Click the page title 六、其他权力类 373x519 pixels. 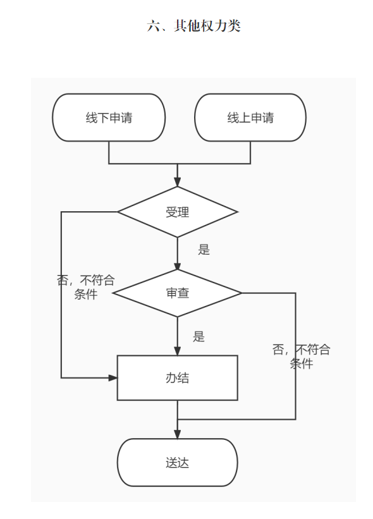pyautogui.click(x=193, y=25)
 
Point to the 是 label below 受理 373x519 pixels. pyautogui.click(x=204, y=250)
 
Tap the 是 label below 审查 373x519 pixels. pyautogui.click(x=199, y=336)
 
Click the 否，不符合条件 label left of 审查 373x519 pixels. pyautogui.click(x=86, y=287)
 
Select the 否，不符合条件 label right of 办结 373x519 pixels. pyautogui.click(x=301, y=357)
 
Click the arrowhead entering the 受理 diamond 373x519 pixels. pyautogui.click(x=178, y=181)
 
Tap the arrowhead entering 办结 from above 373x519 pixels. pyautogui.click(x=178, y=351)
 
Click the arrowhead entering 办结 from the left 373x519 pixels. pyautogui.click(x=113, y=377)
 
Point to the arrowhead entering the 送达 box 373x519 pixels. pyautogui.click(x=178, y=434)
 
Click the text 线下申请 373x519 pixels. pyautogui.click(x=109, y=118)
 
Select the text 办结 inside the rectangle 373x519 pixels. pyautogui.click(x=178, y=377)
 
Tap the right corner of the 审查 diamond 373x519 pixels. pyautogui.click(x=242, y=293)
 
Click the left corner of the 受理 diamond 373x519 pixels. pyautogui.click(x=118, y=212)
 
